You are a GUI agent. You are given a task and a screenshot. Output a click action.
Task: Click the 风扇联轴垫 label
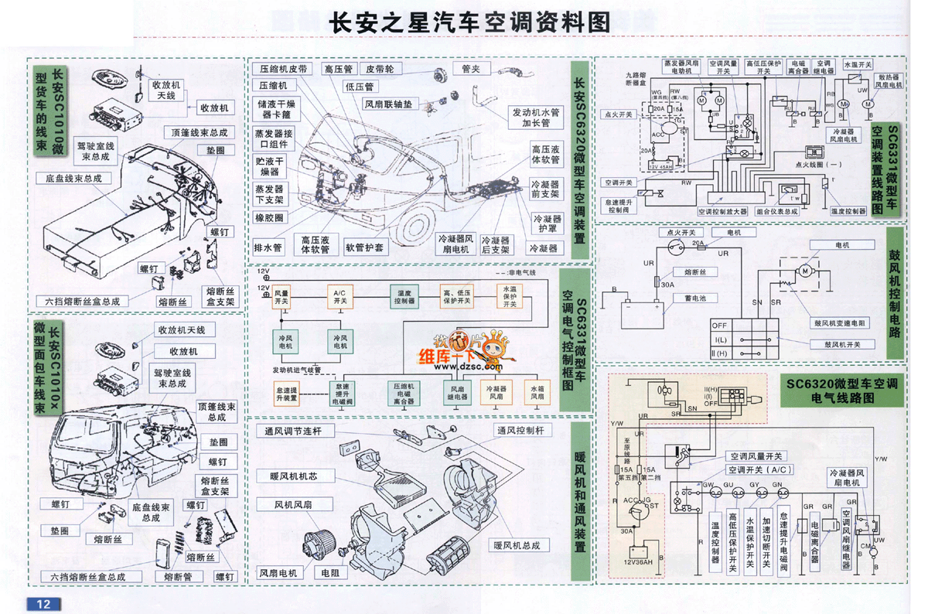click(x=387, y=103)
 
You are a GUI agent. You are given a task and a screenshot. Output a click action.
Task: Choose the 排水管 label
click(x=268, y=247)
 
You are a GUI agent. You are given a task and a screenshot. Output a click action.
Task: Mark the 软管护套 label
click(x=364, y=247)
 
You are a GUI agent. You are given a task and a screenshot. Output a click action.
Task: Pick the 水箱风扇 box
click(x=534, y=394)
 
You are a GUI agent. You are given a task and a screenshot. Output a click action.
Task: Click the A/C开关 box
click(x=339, y=298)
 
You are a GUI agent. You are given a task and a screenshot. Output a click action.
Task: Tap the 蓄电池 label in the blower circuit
click(x=687, y=297)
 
